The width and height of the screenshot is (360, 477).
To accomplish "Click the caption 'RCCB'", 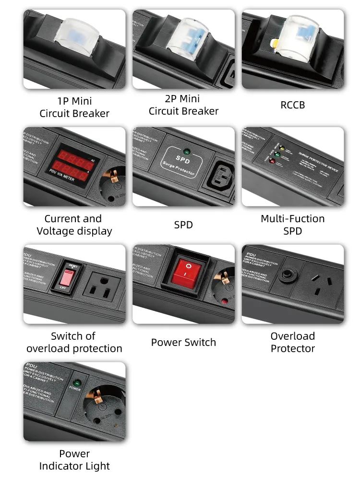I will click(x=292, y=105).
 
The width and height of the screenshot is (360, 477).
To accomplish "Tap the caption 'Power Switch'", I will click(x=183, y=342).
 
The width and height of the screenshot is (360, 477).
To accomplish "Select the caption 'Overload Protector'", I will click(x=292, y=342).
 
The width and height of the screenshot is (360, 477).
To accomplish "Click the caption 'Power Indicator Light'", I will click(x=74, y=460).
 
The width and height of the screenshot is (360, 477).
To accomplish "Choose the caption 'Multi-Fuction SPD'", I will click(x=292, y=225).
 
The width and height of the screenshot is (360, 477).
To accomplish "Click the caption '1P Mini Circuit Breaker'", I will click(x=74, y=107).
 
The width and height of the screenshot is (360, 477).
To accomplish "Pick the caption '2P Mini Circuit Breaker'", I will click(x=183, y=105).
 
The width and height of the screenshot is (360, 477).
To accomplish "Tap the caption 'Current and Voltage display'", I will click(x=74, y=225).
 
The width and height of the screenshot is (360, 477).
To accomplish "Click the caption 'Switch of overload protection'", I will click(x=74, y=342).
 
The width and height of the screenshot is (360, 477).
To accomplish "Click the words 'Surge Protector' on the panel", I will click(x=183, y=166).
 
